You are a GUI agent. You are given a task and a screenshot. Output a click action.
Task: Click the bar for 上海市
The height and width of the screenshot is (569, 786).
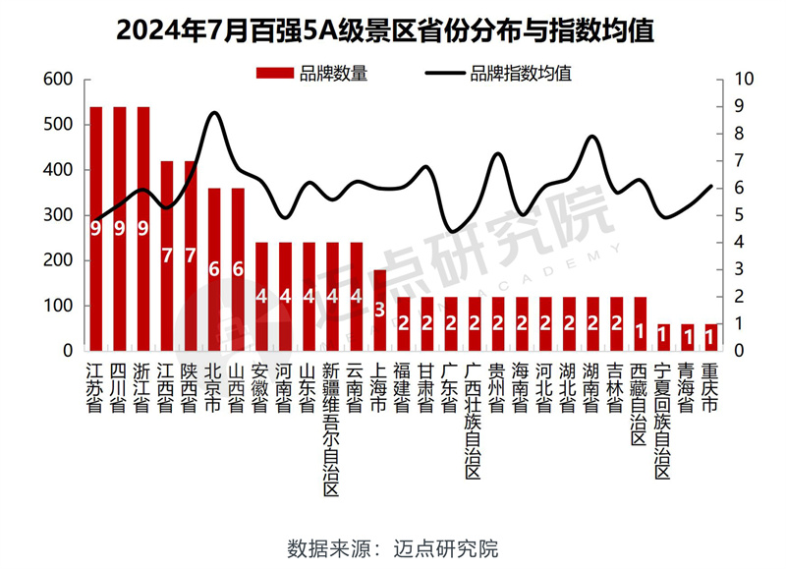(x=379, y=310)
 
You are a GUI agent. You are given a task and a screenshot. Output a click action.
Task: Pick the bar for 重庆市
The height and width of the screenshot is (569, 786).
(x=711, y=337)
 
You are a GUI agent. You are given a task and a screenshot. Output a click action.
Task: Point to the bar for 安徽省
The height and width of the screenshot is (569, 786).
(x=261, y=296)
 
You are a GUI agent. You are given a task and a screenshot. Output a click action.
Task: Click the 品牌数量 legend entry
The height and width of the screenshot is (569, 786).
(x=311, y=72)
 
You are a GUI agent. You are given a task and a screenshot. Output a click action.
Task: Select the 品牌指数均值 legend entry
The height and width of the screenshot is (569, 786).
(x=498, y=72)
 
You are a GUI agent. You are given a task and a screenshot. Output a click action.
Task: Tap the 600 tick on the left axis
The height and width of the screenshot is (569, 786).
(x=59, y=80)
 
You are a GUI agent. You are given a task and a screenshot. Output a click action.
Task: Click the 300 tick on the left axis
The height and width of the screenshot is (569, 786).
(x=59, y=215)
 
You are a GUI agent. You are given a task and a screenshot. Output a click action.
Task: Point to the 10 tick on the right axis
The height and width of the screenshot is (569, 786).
(x=744, y=80)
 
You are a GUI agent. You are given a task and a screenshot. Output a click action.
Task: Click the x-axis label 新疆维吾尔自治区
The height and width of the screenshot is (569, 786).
(x=331, y=428)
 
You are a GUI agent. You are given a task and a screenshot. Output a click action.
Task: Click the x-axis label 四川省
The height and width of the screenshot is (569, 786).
(x=119, y=386)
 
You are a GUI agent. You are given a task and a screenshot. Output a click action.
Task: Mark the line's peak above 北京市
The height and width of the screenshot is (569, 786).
(x=215, y=113)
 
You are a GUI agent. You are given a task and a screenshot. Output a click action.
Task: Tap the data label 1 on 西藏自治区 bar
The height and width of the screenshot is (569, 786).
(x=640, y=330)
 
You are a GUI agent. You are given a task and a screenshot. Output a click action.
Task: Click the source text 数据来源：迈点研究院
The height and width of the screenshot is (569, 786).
(x=392, y=547)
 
